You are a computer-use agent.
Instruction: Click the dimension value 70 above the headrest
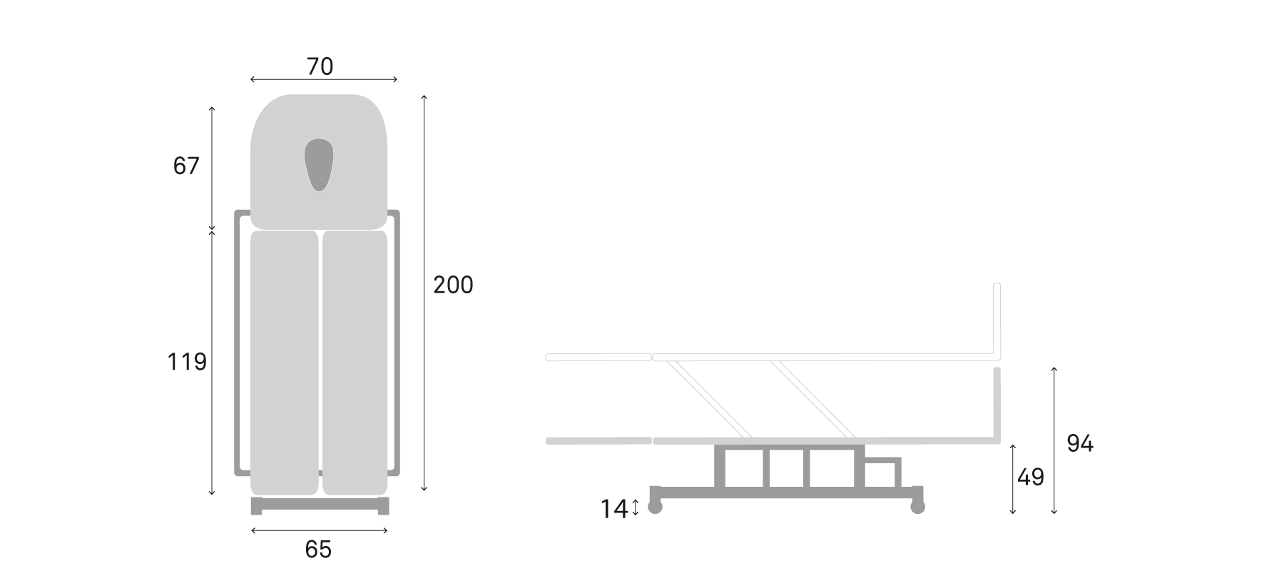coord(320,66)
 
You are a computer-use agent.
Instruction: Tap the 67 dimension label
coord(186,166)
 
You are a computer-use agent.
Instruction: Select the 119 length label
coord(187,363)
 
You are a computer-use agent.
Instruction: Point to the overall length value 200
coord(453,285)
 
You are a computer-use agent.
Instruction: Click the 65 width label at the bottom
coord(318,550)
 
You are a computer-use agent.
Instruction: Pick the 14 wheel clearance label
coord(613,509)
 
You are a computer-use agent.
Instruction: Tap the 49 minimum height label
coord(1031,477)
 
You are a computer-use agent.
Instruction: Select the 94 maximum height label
coord(1080,444)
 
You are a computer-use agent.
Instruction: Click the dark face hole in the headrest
coord(319,164)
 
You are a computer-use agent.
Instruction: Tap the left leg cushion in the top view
coord(284,362)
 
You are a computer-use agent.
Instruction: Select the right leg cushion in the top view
coord(355,362)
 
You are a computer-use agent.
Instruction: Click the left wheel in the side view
coord(654,507)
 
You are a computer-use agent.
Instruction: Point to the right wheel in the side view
coord(917,507)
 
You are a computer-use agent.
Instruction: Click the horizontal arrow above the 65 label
coord(320,530)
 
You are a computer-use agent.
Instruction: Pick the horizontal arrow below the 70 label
coord(324,80)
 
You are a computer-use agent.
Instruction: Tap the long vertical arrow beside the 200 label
coord(424,293)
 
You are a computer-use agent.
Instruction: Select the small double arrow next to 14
coord(636,509)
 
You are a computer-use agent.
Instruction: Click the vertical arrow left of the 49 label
coord(1014,478)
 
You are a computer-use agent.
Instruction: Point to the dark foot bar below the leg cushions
coord(320,506)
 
